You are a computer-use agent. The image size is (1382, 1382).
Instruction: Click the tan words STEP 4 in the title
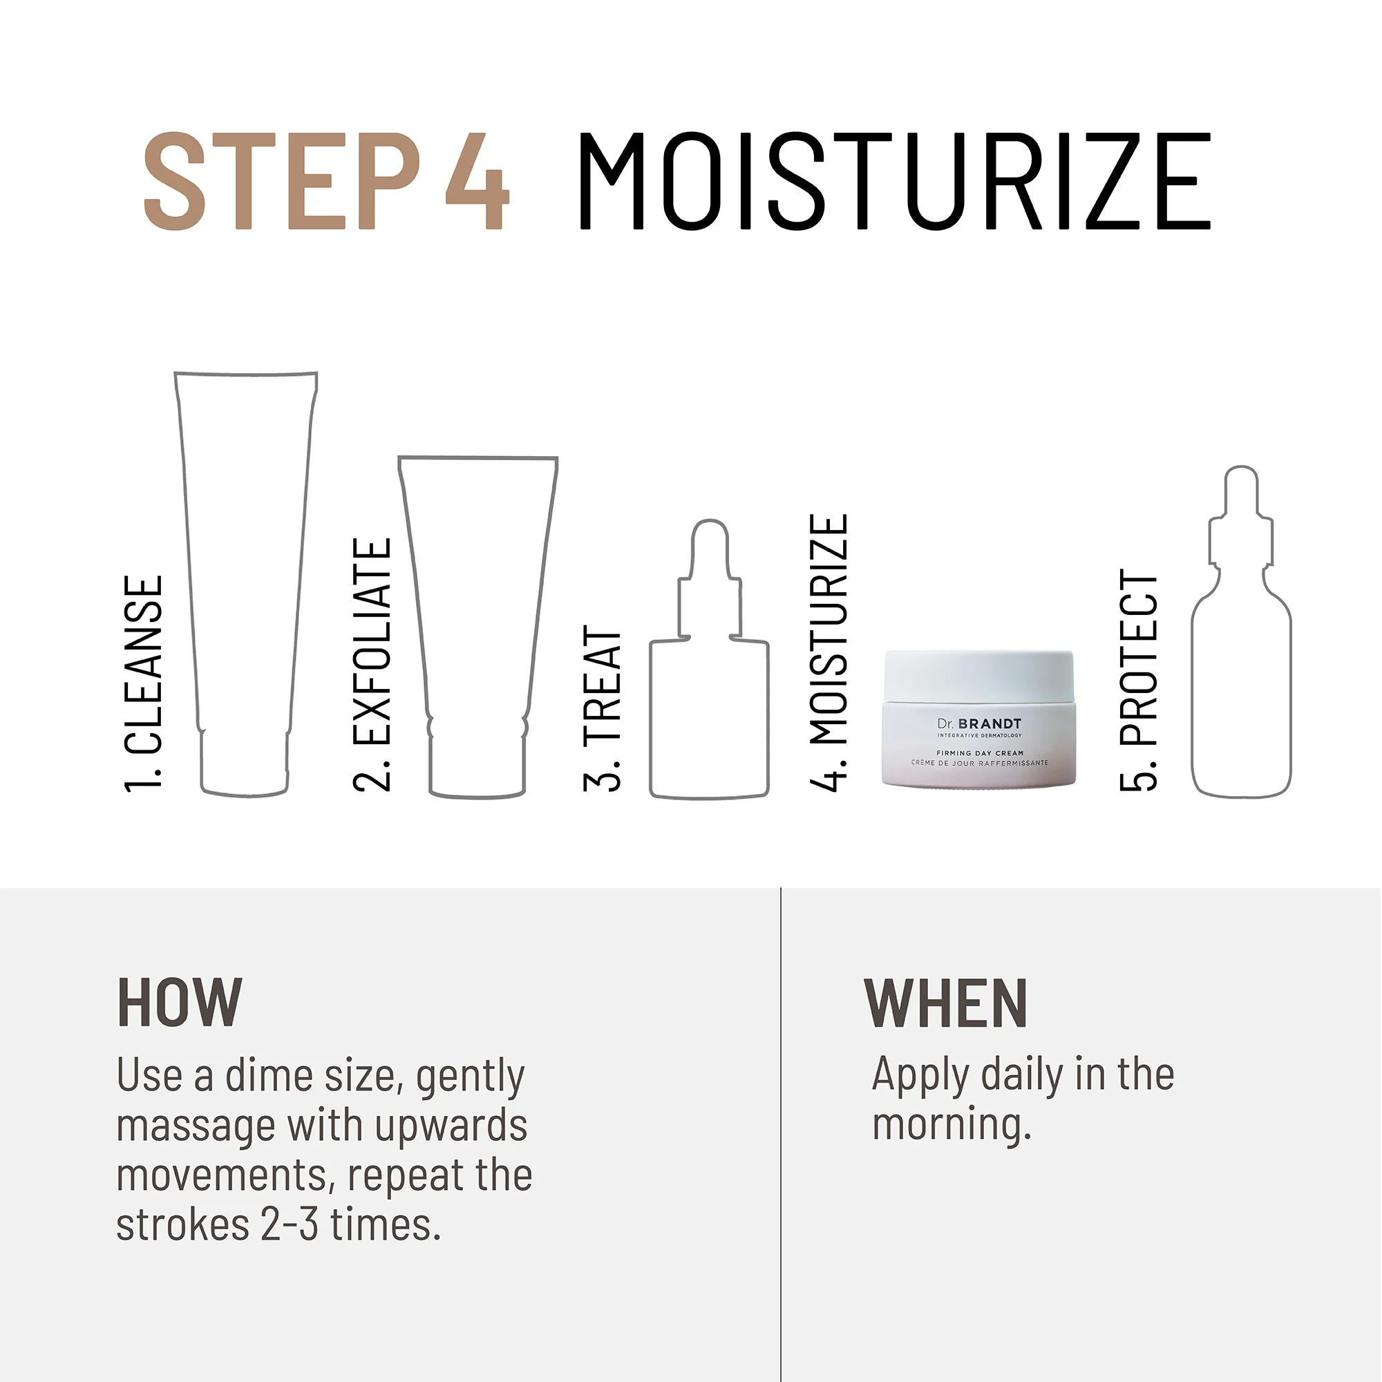tap(325, 181)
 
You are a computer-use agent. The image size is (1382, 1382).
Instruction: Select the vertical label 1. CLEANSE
tap(144, 684)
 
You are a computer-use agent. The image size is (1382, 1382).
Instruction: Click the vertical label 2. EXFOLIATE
tap(372, 665)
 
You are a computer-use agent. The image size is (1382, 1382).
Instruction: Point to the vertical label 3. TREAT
tap(603, 708)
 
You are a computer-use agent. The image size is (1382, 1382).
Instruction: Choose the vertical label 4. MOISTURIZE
tap(829, 652)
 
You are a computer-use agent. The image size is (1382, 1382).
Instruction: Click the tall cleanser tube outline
tap(245, 572)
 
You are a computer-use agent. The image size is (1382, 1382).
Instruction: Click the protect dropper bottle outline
tap(1241, 687)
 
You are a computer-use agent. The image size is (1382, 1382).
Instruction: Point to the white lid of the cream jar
tap(978, 675)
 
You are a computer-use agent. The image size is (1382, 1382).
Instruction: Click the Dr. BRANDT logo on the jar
tap(979, 724)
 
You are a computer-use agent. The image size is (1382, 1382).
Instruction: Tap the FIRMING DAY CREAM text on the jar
tap(980, 752)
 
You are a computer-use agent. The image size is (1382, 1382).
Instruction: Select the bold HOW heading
tap(180, 1003)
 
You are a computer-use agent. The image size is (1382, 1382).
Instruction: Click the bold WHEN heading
tap(946, 1003)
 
